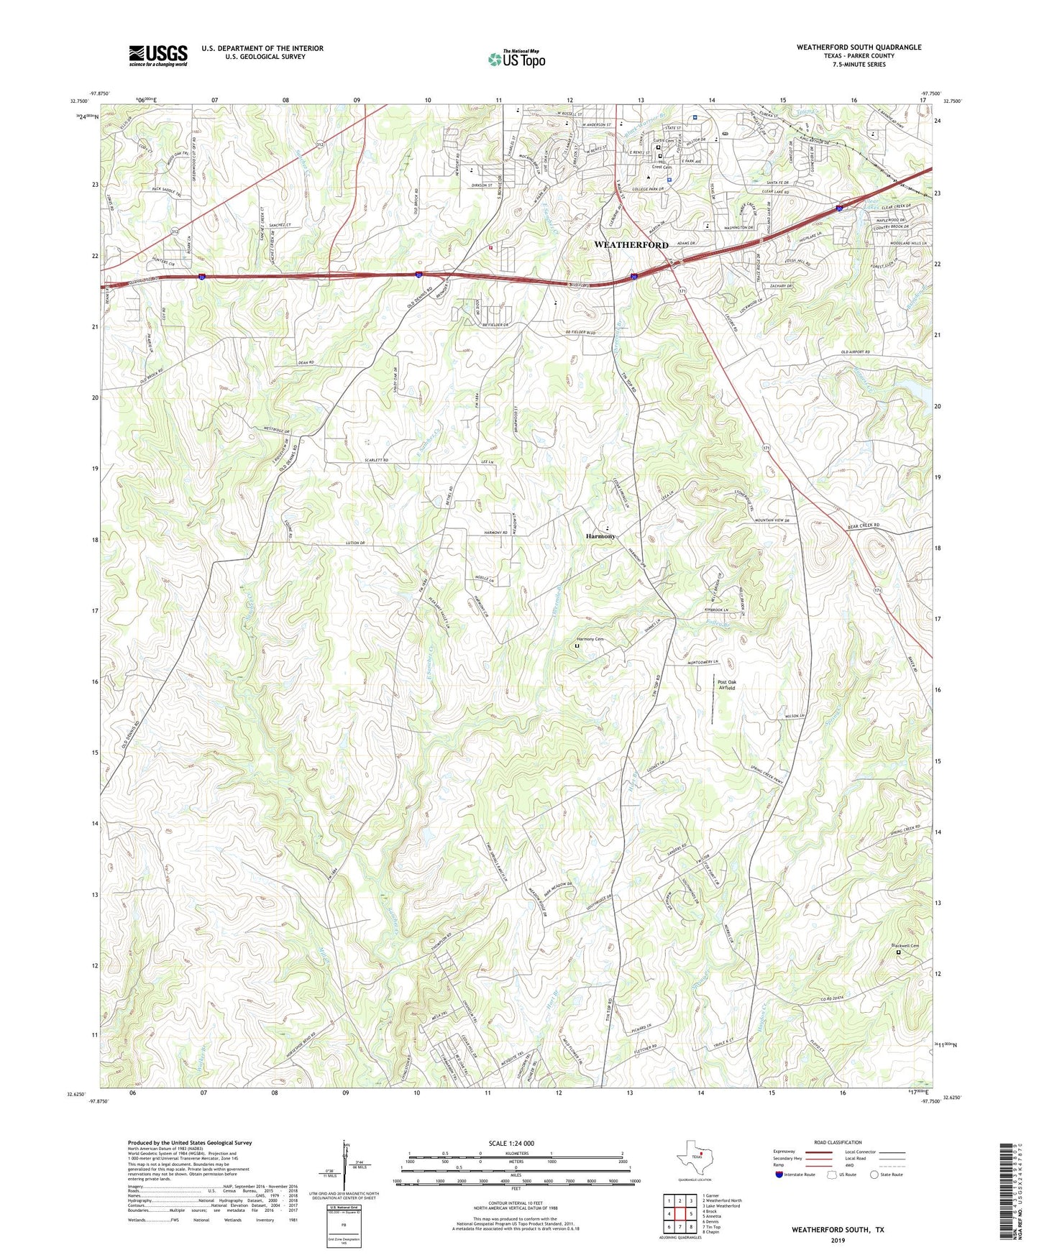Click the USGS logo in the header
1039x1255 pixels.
pyautogui.click(x=158, y=55)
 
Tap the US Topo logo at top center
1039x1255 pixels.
pyautogui.click(x=516, y=59)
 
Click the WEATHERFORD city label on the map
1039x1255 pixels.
pyautogui.click(x=631, y=245)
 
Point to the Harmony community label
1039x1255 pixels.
pyautogui.click(x=600, y=536)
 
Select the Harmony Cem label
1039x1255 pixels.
pyautogui.click(x=590, y=640)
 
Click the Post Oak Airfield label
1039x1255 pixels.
pyautogui.click(x=726, y=684)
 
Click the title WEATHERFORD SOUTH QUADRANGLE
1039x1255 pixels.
pyautogui.click(x=859, y=47)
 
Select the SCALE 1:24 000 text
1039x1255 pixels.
pyautogui.click(x=511, y=1144)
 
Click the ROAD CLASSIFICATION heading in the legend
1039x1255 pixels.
pyautogui.click(x=838, y=1142)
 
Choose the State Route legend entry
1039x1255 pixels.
pyautogui.click(x=886, y=1174)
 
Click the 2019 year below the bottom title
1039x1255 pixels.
pyautogui.click(x=838, y=1240)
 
